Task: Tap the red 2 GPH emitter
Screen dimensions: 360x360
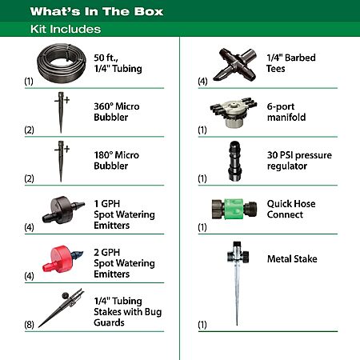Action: pos(62,258)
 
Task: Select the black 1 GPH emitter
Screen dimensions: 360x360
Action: pos(63,210)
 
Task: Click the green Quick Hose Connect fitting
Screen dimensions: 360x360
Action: pos(234,209)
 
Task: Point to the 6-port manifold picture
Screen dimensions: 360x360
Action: pos(234,113)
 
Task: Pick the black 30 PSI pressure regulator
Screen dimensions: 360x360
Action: pos(235,161)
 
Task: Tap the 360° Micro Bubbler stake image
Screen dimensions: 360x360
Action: pos(62,112)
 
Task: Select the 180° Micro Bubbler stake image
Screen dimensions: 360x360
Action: pos(62,161)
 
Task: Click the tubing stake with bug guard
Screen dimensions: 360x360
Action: pos(61,309)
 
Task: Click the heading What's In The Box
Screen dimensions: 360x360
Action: pos(97,11)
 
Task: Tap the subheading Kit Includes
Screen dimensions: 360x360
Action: pos(66,29)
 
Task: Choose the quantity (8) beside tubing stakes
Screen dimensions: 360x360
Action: pos(29,325)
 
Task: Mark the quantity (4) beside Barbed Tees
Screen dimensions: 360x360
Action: pos(202,81)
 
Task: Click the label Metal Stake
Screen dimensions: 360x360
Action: pos(292,258)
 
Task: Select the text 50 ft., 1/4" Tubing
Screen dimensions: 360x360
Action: pos(118,63)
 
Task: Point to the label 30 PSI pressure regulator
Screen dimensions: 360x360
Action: pos(299,161)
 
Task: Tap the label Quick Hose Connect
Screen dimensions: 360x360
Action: pos(291,209)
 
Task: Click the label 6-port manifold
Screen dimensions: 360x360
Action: pos(286,112)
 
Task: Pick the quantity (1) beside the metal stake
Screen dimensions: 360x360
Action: pos(202,325)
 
